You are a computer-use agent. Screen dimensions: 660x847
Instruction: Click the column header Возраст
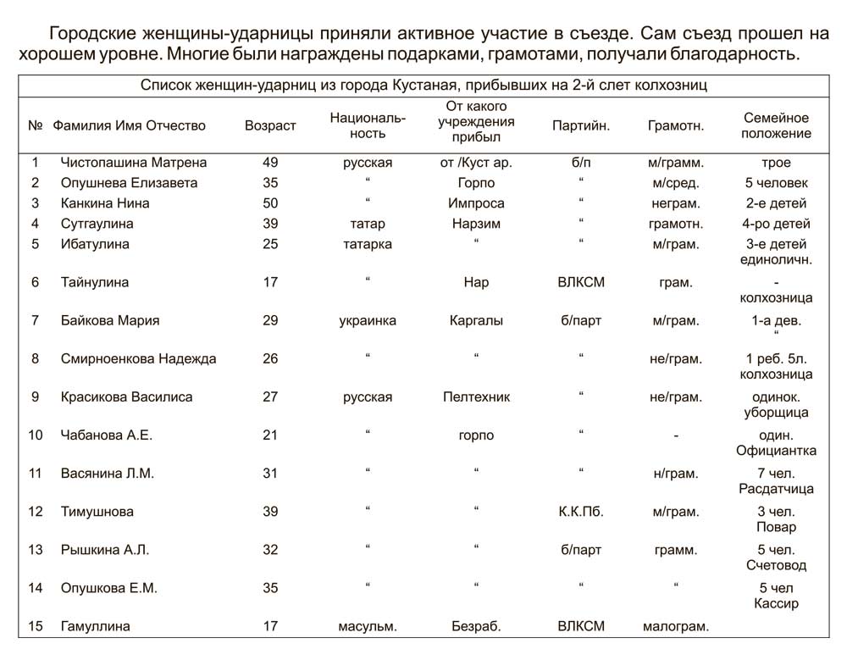(270, 125)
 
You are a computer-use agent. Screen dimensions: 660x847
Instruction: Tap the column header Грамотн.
(675, 125)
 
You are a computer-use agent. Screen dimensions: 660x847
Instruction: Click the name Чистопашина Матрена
(134, 162)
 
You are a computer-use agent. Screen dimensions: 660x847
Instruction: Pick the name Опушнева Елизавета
(129, 183)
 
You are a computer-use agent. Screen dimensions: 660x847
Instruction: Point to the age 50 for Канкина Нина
(270, 203)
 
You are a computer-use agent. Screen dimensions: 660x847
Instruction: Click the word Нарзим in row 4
(476, 224)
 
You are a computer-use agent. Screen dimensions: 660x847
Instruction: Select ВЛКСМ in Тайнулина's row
(581, 282)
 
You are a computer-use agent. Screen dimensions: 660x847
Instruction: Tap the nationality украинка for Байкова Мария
(368, 320)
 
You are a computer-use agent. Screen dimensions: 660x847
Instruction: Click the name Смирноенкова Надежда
(139, 358)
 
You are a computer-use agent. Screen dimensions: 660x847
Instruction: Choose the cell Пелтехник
(476, 397)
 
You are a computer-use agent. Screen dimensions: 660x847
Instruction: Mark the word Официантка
(777, 451)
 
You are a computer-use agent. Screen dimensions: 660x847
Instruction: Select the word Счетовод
(777, 565)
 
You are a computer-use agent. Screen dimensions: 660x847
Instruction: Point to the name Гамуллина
(96, 626)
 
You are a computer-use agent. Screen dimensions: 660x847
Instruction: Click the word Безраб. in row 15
(476, 626)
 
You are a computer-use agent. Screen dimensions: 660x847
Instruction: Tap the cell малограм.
(675, 626)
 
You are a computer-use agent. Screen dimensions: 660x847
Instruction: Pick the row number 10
(36, 435)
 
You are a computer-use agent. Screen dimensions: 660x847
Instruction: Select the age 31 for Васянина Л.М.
(270, 474)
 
